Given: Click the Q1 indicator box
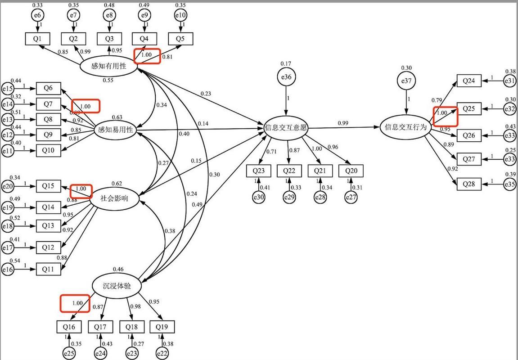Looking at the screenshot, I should tap(37, 39).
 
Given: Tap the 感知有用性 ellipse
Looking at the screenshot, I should tap(108, 66).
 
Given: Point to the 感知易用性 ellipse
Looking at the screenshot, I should tap(116, 130).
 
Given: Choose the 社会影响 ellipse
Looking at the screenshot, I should tap(114, 198).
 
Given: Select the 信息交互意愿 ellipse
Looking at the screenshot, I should tap(286, 128).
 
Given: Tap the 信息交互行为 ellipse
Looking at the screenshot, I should tap(405, 127).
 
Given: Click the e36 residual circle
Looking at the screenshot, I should tap(286, 77).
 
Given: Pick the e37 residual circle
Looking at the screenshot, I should tap(406, 81).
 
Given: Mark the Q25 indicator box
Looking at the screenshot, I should tap(468, 108).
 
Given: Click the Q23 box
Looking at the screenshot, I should tap(258, 171).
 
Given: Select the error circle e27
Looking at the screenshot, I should tap(351, 197).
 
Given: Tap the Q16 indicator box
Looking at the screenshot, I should tap(69, 327).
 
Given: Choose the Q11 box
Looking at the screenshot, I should tap(48, 269).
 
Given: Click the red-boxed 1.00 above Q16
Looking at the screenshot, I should tap(77, 303).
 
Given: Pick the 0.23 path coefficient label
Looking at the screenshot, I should tap(206, 94).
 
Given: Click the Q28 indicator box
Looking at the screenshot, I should tap(468, 184).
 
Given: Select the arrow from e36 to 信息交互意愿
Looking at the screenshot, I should tap(286, 101).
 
